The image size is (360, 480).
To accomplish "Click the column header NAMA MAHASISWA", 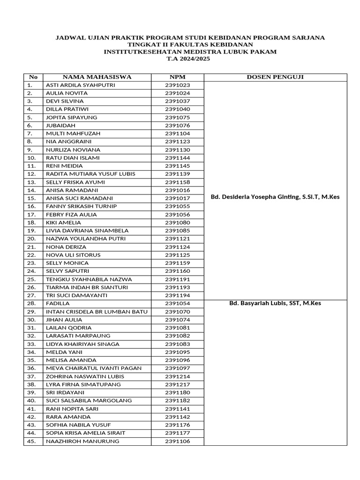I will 97,77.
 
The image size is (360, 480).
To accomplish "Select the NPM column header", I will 177,77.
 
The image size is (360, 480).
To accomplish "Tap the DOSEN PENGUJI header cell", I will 275,77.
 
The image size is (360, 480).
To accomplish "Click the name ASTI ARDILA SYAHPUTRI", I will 80,85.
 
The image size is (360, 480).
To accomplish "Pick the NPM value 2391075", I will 177,117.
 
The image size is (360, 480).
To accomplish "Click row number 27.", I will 31,295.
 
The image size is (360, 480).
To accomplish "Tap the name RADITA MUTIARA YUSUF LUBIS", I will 90,174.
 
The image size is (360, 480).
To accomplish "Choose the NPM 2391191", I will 177,279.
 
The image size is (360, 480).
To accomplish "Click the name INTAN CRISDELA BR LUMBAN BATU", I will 97,311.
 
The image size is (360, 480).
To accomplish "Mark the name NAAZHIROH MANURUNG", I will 82,441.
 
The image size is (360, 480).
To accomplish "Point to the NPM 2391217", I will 177,384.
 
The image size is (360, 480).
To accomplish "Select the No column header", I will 33,77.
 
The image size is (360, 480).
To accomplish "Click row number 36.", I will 31,368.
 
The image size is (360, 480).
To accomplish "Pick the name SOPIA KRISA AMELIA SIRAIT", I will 85,433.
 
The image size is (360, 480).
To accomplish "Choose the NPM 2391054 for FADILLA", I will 177,303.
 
